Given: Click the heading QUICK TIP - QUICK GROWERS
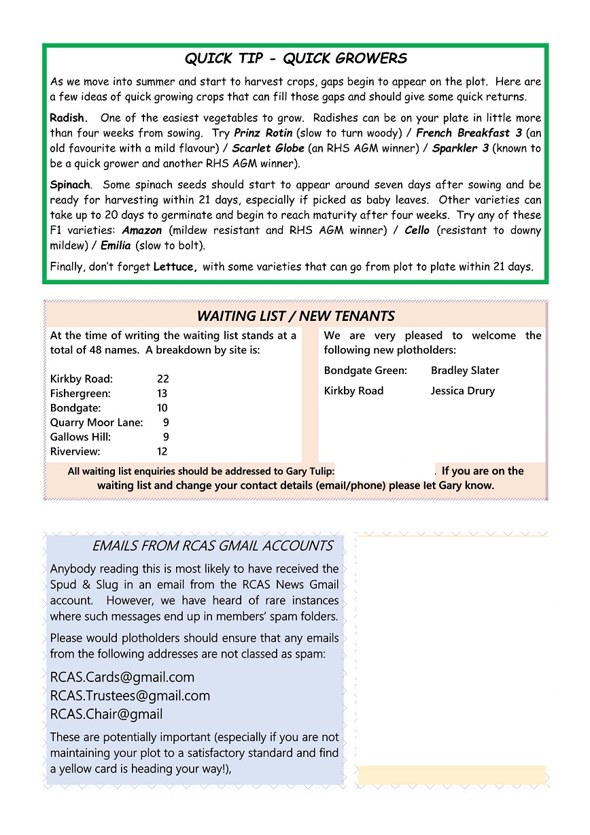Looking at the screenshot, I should (296, 58).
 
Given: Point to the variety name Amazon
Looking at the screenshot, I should (142, 230).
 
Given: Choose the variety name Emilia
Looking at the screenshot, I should (116, 245).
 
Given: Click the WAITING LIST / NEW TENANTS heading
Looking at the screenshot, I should (296, 316).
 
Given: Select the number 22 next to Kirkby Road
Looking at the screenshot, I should (162, 379).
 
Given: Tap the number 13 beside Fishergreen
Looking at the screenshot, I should (162, 393).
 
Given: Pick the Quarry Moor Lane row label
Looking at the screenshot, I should (97, 422).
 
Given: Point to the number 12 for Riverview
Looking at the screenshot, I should (162, 451).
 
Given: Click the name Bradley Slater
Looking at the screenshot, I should (465, 371).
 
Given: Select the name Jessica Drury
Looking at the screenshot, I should (462, 391).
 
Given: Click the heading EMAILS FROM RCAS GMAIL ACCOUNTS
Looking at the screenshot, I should (213, 546).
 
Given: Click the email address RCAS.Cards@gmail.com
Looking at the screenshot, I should (122, 677).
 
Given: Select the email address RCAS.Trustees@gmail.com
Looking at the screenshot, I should (130, 696).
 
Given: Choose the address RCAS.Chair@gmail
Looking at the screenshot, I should (106, 714).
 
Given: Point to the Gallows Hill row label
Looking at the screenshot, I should (80, 437).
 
